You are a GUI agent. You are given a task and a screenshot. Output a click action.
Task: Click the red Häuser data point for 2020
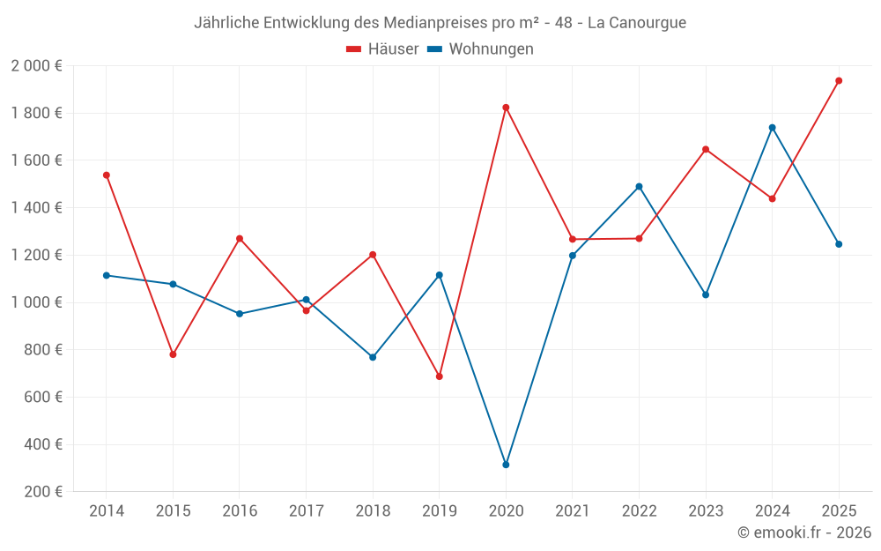(506, 108)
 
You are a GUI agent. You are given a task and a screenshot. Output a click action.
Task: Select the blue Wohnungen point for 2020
(506, 465)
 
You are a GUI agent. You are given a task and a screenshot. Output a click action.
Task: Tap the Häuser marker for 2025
(839, 80)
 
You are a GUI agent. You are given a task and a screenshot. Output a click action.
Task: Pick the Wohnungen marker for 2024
(772, 128)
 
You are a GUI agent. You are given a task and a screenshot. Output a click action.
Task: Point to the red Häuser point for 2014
(107, 175)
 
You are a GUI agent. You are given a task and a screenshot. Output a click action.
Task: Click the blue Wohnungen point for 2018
(373, 357)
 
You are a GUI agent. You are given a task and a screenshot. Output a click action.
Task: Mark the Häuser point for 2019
(440, 376)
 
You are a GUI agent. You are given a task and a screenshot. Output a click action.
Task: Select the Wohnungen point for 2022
(639, 186)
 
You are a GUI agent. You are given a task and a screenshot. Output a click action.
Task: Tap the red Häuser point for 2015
(173, 354)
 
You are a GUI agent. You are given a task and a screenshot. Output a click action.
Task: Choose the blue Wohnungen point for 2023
(706, 294)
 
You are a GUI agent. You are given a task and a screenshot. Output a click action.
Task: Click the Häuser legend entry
(382, 49)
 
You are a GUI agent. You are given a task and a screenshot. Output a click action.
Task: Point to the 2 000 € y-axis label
(36, 66)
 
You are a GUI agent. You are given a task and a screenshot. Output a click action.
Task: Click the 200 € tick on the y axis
(43, 492)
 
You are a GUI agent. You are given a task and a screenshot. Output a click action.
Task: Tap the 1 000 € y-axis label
(36, 302)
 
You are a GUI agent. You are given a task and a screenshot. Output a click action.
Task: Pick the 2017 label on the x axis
(306, 511)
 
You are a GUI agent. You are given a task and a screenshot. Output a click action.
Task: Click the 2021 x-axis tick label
(572, 511)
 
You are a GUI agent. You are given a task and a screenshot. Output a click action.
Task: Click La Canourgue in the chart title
(637, 23)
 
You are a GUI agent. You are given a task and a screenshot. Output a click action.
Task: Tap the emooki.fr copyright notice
(804, 532)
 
